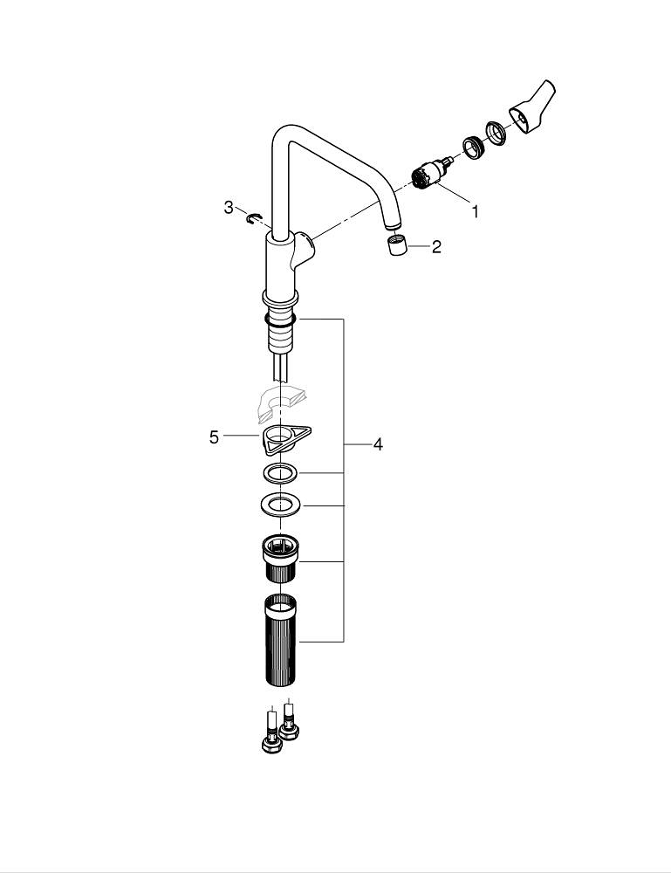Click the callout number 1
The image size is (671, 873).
click(x=475, y=210)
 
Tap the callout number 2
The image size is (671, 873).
click(x=436, y=247)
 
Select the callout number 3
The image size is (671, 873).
click(x=229, y=208)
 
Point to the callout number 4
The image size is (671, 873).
click(x=378, y=444)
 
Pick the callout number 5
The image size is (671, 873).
click(x=214, y=436)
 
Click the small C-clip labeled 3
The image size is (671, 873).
click(x=254, y=217)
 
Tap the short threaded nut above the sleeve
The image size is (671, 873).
click(x=280, y=557)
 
